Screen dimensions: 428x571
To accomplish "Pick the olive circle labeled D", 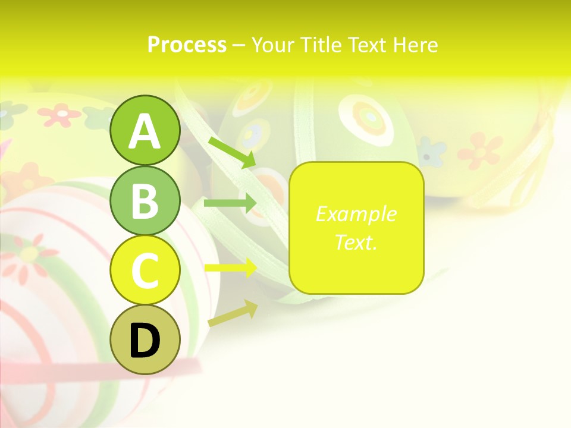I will (x=145, y=339).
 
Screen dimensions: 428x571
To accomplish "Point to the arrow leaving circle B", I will (x=230, y=203).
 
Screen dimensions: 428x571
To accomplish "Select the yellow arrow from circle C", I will (x=230, y=268).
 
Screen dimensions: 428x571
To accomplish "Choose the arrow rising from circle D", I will (x=233, y=313).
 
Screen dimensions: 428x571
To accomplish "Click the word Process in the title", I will (x=187, y=45).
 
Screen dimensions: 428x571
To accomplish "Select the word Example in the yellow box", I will (x=356, y=214).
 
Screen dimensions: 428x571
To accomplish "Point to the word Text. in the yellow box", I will (x=356, y=242).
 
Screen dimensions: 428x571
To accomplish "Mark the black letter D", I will (x=145, y=341).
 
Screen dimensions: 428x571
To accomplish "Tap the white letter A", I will (x=145, y=131).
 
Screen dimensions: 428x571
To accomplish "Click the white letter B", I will (x=145, y=201).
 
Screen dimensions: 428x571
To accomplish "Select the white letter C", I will (x=145, y=270).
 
